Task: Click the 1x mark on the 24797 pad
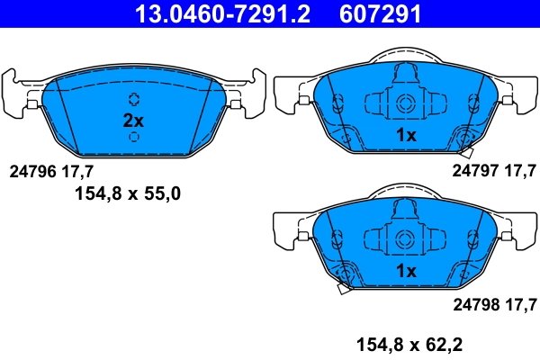(x=406, y=135)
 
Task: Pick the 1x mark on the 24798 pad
(x=406, y=270)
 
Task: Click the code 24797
(x=475, y=169)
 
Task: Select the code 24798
(x=475, y=303)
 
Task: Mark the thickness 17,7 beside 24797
(x=520, y=169)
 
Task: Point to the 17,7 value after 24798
(x=520, y=303)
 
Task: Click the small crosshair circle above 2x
(x=134, y=99)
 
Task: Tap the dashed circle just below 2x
(x=134, y=137)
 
